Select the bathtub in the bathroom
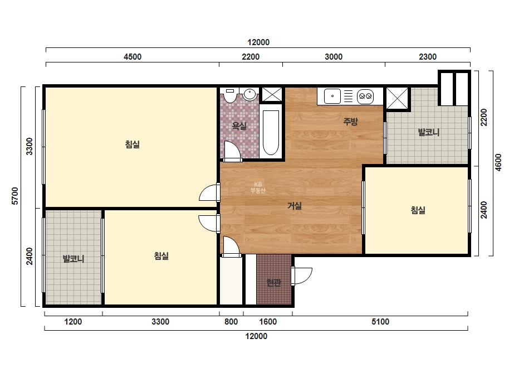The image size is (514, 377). point(271,132)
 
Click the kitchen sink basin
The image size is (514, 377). point(332,96)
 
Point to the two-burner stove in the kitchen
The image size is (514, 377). point(365,96)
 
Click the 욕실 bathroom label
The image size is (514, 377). point(239,126)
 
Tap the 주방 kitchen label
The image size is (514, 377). point(350,122)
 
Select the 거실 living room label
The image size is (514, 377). point(295,206)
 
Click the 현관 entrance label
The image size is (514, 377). point(273,282)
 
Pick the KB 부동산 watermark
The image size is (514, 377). point(258,187)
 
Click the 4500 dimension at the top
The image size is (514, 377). point(133,57)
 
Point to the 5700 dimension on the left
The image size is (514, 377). point(15,196)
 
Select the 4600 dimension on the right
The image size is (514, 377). point(498,162)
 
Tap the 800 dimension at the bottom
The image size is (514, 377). point(231,321)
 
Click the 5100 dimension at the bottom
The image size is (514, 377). point(380,321)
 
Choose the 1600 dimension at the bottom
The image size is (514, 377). point(268,321)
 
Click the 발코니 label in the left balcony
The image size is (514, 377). point(74,259)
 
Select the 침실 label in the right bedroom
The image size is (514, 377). point(418,210)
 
